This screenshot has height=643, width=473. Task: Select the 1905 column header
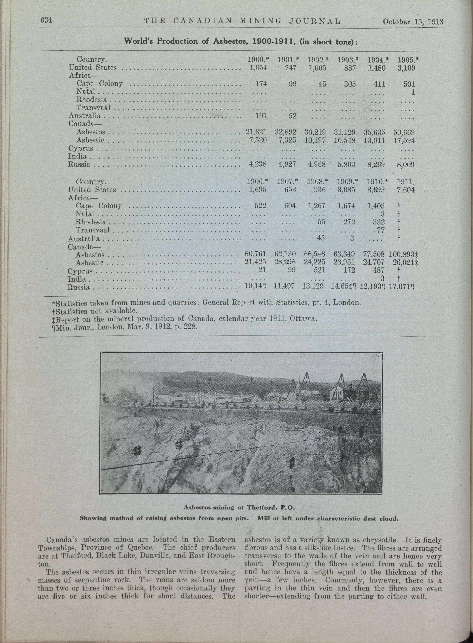tap(408, 60)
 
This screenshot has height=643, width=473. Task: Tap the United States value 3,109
tap(406, 68)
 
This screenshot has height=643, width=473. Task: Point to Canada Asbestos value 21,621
tap(256, 132)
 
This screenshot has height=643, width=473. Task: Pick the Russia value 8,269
tap(376, 164)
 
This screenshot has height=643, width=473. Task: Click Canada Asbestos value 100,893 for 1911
tap(402, 254)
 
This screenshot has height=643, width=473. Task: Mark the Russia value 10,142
tap(256, 286)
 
